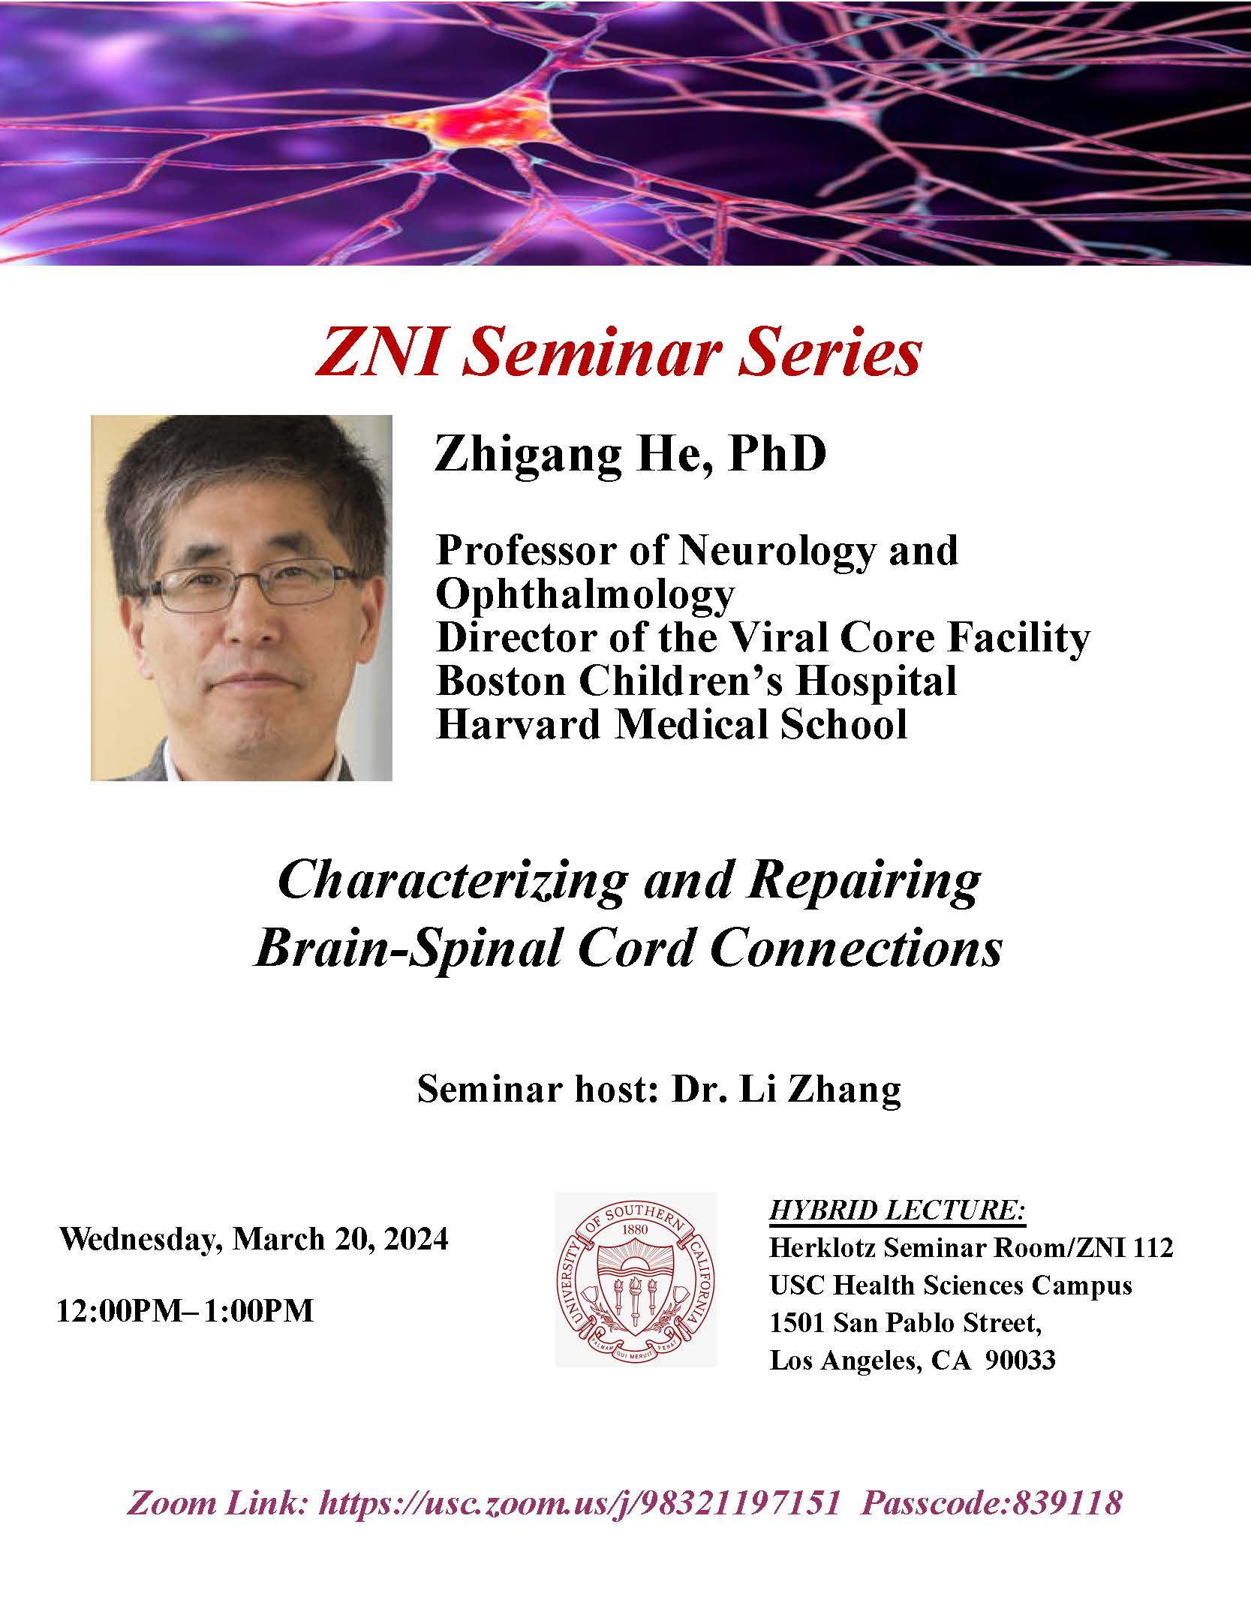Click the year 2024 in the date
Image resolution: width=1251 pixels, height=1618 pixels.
click(416, 1238)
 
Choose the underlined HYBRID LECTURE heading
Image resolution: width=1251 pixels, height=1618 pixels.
click(898, 1210)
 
